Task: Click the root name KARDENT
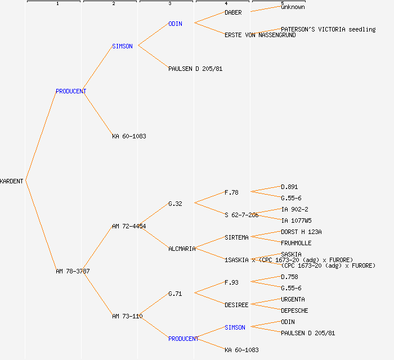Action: (x=12, y=181)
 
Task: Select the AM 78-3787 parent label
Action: (x=73, y=271)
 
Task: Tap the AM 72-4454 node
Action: (x=129, y=226)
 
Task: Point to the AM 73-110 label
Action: (x=127, y=316)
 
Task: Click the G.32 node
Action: (x=175, y=204)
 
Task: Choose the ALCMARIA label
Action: (x=182, y=249)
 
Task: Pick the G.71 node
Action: (x=175, y=294)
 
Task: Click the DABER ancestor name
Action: (x=233, y=12)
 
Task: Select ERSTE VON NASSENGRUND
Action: (x=260, y=35)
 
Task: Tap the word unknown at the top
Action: (x=293, y=7)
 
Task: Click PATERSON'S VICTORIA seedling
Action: (x=328, y=29)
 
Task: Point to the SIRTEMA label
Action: (x=236, y=237)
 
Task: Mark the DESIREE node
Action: (x=236, y=305)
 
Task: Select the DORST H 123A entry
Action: (x=301, y=232)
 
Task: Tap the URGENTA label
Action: (x=293, y=299)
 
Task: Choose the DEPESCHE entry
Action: (x=294, y=310)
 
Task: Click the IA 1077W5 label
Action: (x=296, y=220)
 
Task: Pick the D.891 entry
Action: (x=289, y=187)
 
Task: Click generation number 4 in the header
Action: (x=226, y=4)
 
